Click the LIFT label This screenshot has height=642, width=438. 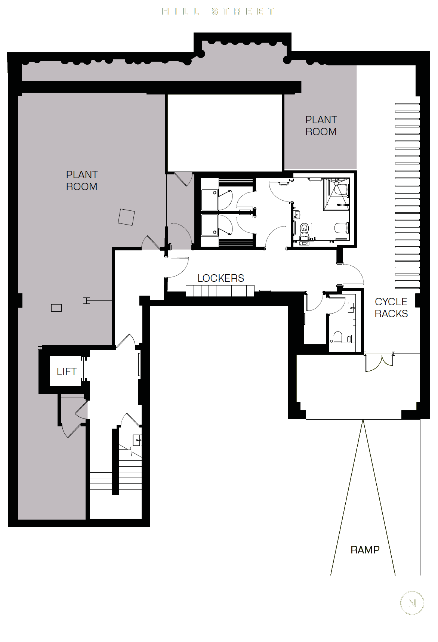(x=67, y=371)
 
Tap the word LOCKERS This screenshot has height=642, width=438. (x=220, y=278)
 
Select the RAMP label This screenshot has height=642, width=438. (x=365, y=550)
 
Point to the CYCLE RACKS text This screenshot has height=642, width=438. (x=391, y=308)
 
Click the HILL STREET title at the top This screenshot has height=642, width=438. (x=219, y=11)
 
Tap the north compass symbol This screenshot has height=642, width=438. (x=412, y=603)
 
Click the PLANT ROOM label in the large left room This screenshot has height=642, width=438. (x=82, y=180)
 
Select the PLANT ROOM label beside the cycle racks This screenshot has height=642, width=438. (x=321, y=126)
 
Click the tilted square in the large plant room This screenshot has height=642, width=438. (x=126, y=217)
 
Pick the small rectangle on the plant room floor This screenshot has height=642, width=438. (x=56, y=308)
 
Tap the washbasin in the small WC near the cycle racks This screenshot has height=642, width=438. (x=352, y=308)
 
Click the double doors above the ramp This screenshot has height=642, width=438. (x=379, y=362)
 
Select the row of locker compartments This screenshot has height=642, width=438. (x=220, y=291)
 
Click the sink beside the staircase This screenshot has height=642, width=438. (x=137, y=440)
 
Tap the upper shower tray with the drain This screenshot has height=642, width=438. (x=210, y=200)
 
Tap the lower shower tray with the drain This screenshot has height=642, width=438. (x=210, y=225)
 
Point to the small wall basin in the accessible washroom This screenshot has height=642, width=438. (x=297, y=214)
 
